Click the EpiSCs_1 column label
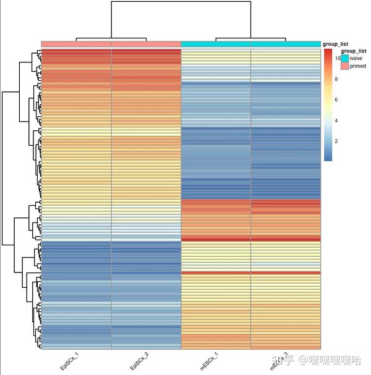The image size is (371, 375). pos(69,361)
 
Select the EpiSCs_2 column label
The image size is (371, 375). pos(139,361)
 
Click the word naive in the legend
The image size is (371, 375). pos(357,57)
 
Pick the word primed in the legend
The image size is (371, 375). pos(358,66)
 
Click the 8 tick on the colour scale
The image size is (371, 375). pos(337,79)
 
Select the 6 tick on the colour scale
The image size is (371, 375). pos(337,99)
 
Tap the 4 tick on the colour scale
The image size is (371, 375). pos(337,120)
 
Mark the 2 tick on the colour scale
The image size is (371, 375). pos(337,141)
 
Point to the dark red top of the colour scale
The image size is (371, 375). pos(328,52)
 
